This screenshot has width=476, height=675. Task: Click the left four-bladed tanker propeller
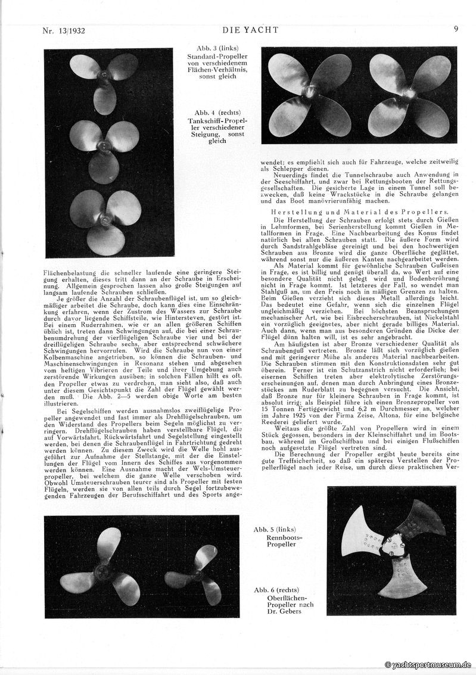pyautogui.click(x=309, y=94)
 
